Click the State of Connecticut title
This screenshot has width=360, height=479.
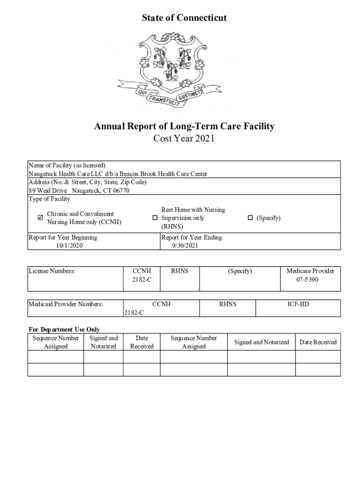[x=184, y=18]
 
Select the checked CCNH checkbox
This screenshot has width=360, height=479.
[x=40, y=218]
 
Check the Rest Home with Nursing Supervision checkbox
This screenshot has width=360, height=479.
[x=155, y=218]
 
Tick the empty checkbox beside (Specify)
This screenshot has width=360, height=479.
[x=250, y=218]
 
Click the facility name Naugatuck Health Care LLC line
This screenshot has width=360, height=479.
[x=118, y=174]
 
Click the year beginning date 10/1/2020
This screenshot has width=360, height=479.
[x=69, y=245]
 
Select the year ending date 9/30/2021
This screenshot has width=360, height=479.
[x=185, y=245]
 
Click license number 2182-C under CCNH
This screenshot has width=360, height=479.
[x=142, y=279]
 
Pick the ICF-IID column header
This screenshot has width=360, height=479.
[x=298, y=304]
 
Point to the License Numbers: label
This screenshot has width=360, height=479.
[x=51, y=271]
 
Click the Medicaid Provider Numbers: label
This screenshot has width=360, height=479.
[x=65, y=304]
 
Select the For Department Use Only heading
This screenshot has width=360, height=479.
[x=64, y=329]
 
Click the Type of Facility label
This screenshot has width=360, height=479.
[x=49, y=199]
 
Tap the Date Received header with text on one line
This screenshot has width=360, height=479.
[x=318, y=342]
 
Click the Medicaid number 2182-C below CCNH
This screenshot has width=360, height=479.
[x=134, y=312]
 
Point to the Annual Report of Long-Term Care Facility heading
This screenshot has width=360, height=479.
[x=184, y=126]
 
